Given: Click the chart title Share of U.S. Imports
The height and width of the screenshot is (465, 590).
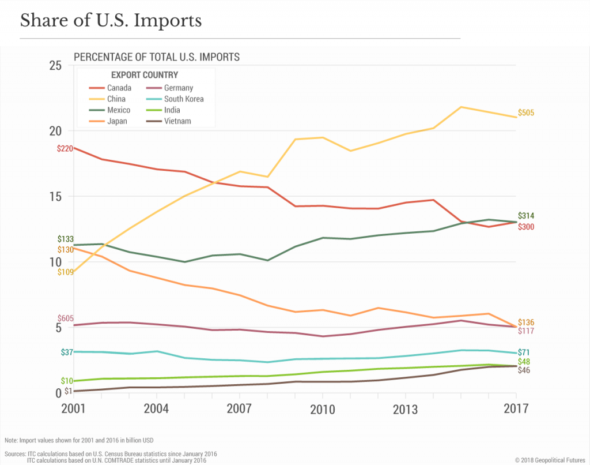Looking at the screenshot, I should (x=111, y=21).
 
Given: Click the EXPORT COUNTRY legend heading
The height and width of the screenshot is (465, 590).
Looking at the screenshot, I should (x=144, y=75).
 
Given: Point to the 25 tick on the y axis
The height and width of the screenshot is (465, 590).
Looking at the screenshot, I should (x=55, y=65).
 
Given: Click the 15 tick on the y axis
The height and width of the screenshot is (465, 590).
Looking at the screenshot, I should (x=55, y=196).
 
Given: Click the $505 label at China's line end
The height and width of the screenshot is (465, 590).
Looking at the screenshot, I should (x=526, y=113).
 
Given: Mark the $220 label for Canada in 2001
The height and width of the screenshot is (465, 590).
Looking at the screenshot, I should (x=65, y=148).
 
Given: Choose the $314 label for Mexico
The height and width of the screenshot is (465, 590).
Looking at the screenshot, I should (x=526, y=216).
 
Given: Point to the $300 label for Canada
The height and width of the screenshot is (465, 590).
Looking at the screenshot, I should (x=526, y=227).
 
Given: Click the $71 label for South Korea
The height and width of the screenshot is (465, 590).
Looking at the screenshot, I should (x=524, y=352).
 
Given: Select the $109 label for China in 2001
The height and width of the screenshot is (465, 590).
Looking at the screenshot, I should (x=65, y=272).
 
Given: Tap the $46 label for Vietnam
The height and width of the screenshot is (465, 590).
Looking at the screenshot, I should (x=524, y=370).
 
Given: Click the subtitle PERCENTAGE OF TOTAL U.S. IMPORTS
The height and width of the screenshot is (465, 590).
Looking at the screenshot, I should (x=156, y=57).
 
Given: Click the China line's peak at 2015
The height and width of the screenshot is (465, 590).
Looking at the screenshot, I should (x=461, y=107).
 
